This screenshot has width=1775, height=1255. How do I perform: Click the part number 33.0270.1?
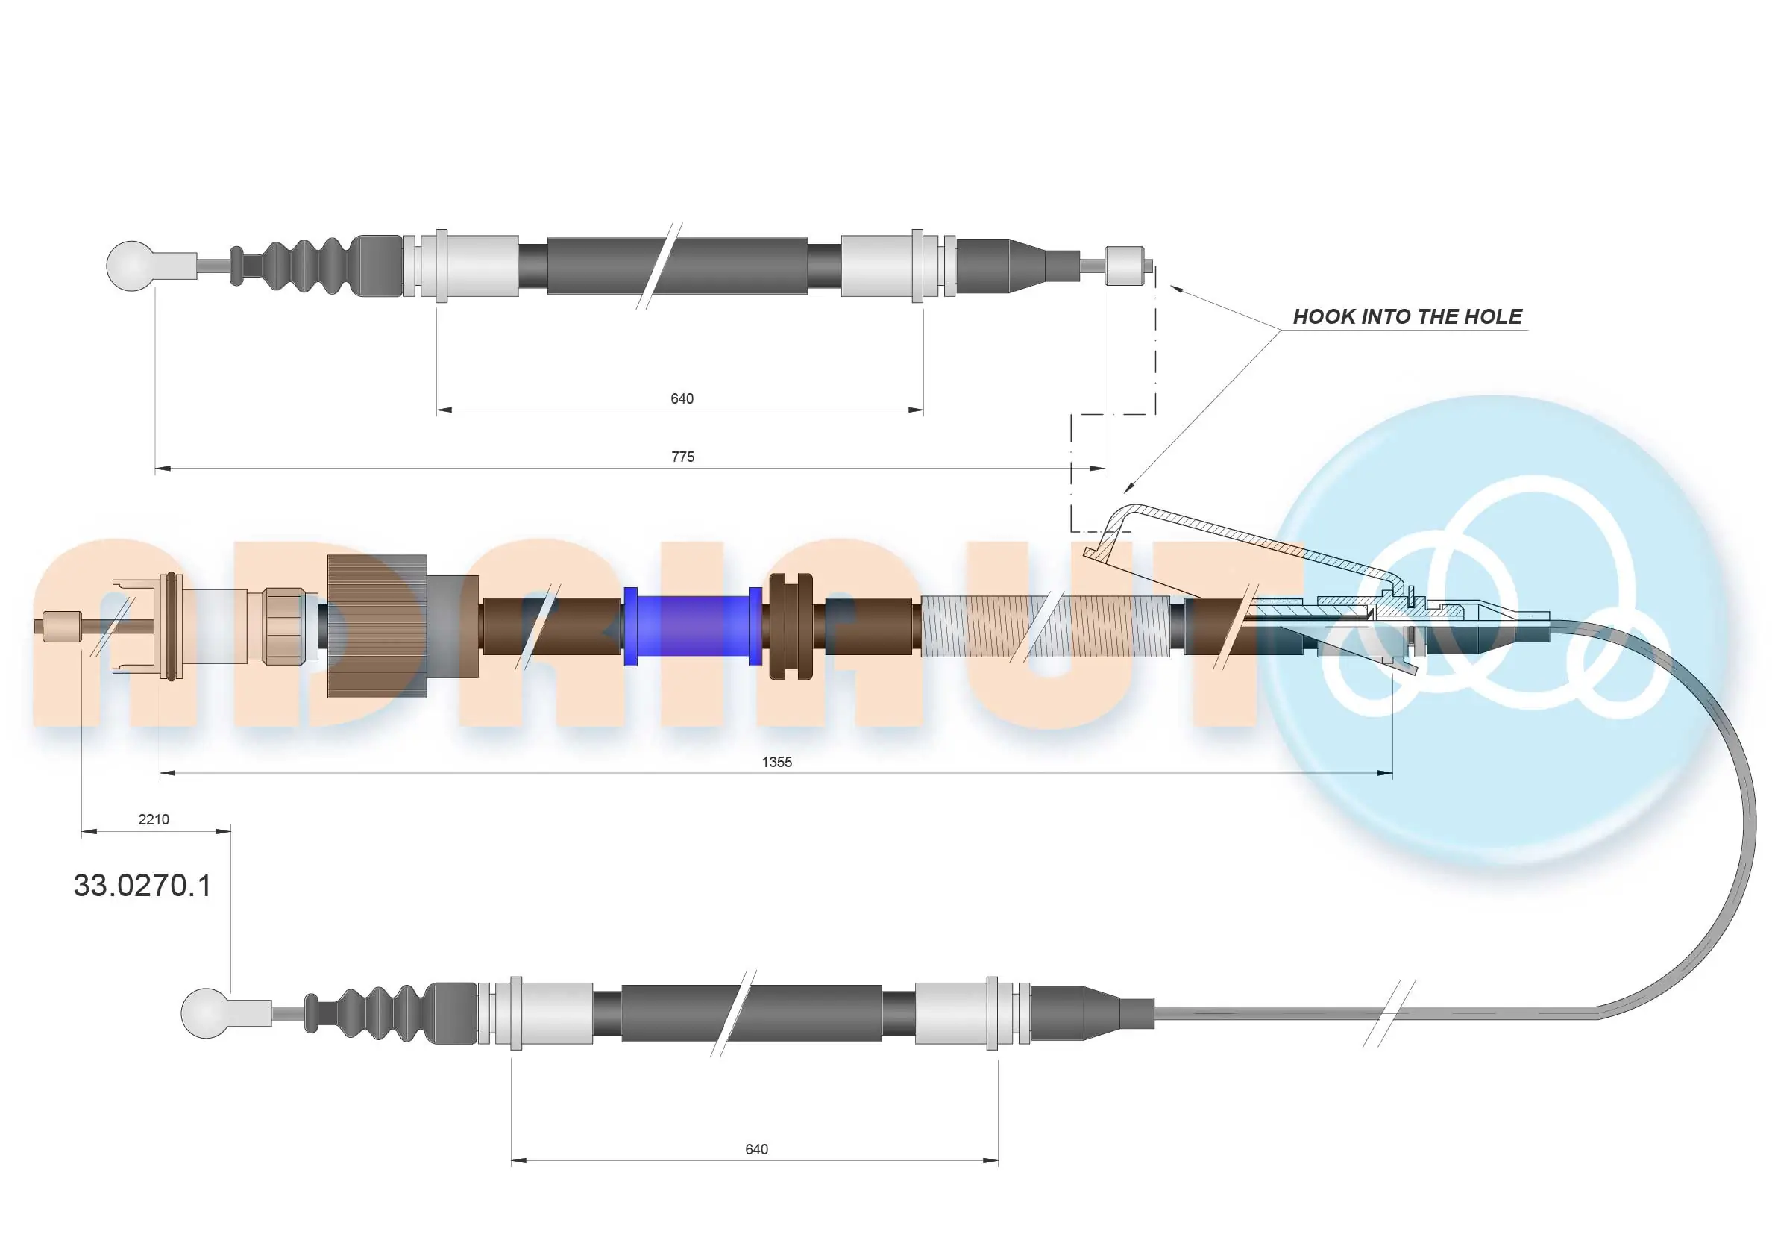142,886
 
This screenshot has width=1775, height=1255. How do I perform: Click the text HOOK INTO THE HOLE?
1407,316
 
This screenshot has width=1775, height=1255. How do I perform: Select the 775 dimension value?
682,457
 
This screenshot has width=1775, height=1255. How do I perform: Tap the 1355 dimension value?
776,762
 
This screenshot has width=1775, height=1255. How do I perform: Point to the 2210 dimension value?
153,820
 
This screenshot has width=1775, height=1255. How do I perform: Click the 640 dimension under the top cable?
681,399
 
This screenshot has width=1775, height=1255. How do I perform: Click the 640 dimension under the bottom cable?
756,1149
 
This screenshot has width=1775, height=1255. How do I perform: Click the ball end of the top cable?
130,265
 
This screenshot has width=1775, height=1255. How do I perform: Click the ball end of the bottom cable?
205,1013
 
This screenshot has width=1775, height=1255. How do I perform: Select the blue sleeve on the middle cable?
692,626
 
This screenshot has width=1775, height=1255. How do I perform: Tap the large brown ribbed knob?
377,626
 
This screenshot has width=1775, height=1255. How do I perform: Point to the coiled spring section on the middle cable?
1043,626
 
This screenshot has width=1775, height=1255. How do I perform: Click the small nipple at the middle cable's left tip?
62,626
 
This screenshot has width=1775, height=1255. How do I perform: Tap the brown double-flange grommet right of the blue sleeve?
791,626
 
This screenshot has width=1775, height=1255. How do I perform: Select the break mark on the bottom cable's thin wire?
1389,1013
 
